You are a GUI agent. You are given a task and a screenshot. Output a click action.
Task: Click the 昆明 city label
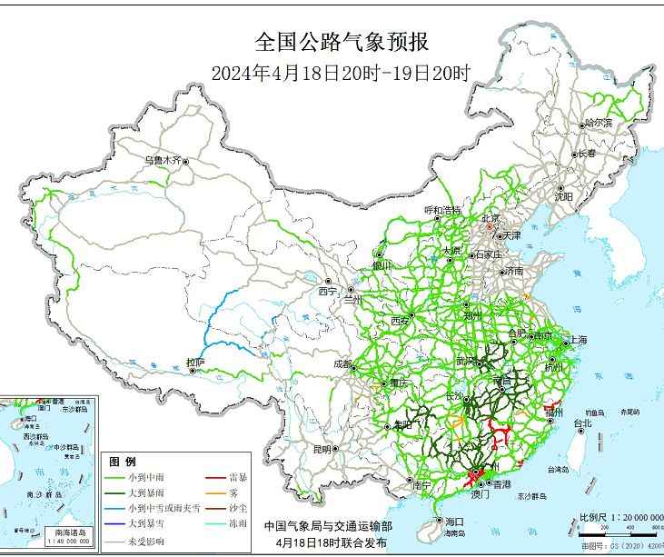pos(322,449)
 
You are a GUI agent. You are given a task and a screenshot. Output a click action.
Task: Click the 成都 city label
pos(342,363)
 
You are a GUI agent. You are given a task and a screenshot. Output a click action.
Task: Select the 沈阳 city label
pos(564,195)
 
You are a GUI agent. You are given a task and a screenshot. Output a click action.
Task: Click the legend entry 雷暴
pos(240,476)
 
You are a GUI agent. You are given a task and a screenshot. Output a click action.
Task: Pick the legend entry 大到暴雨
pos(146,492)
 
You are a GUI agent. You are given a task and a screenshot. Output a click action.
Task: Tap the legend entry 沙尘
pos(240,506)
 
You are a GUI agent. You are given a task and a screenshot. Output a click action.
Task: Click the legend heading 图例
pos(123,462)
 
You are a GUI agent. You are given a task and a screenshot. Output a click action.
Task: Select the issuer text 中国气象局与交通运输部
pos(329,525)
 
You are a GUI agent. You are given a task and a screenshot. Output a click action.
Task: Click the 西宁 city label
pos(327,292)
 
